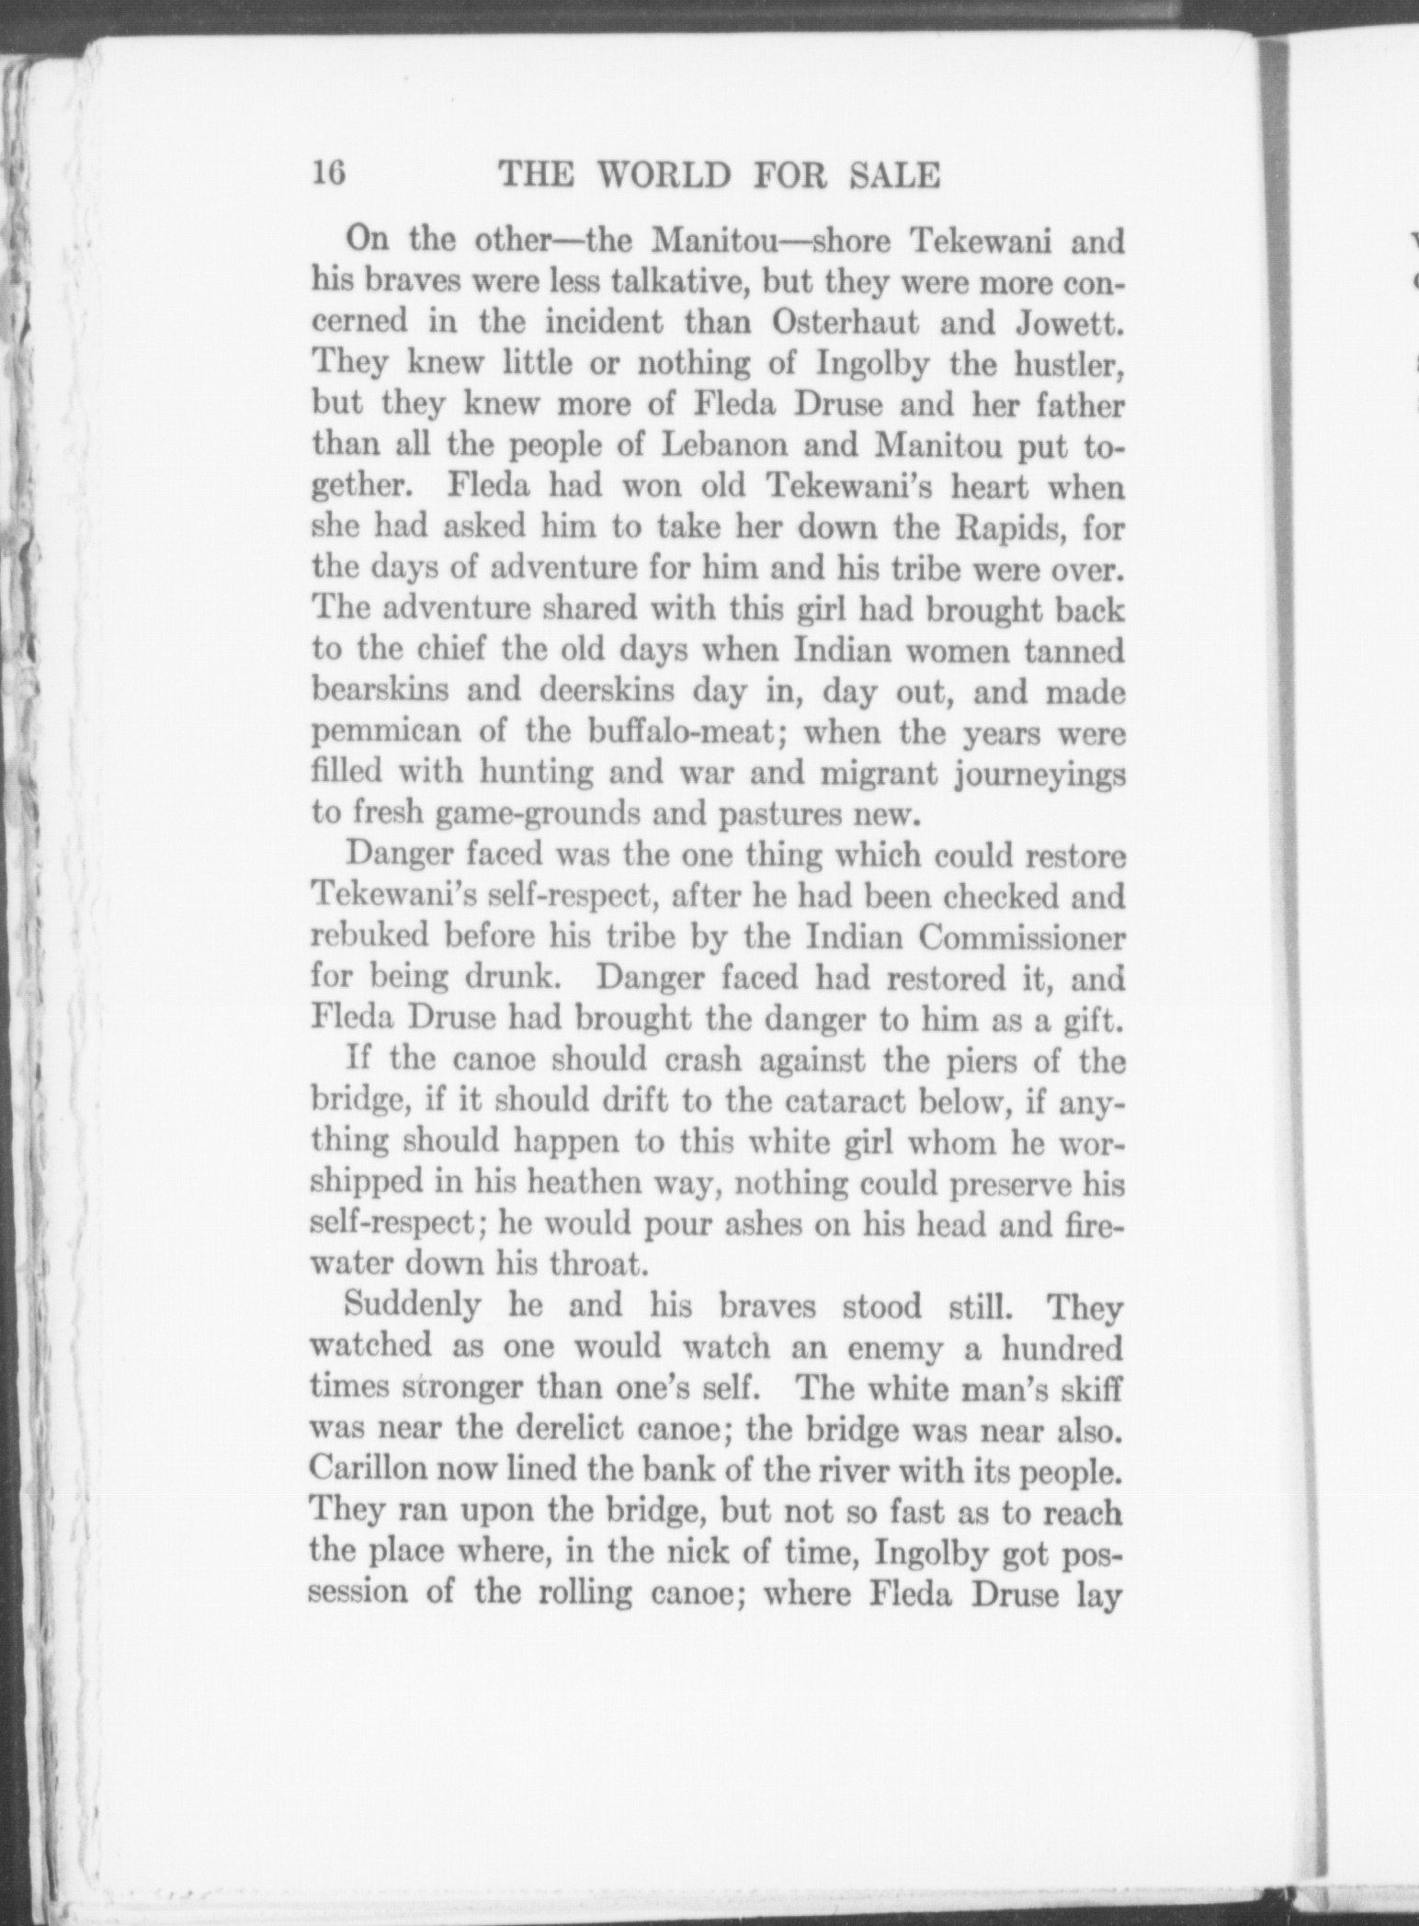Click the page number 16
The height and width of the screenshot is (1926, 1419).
click(328, 173)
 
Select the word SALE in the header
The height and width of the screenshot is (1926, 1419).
click(896, 175)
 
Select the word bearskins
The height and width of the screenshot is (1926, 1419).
click(380, 690)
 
